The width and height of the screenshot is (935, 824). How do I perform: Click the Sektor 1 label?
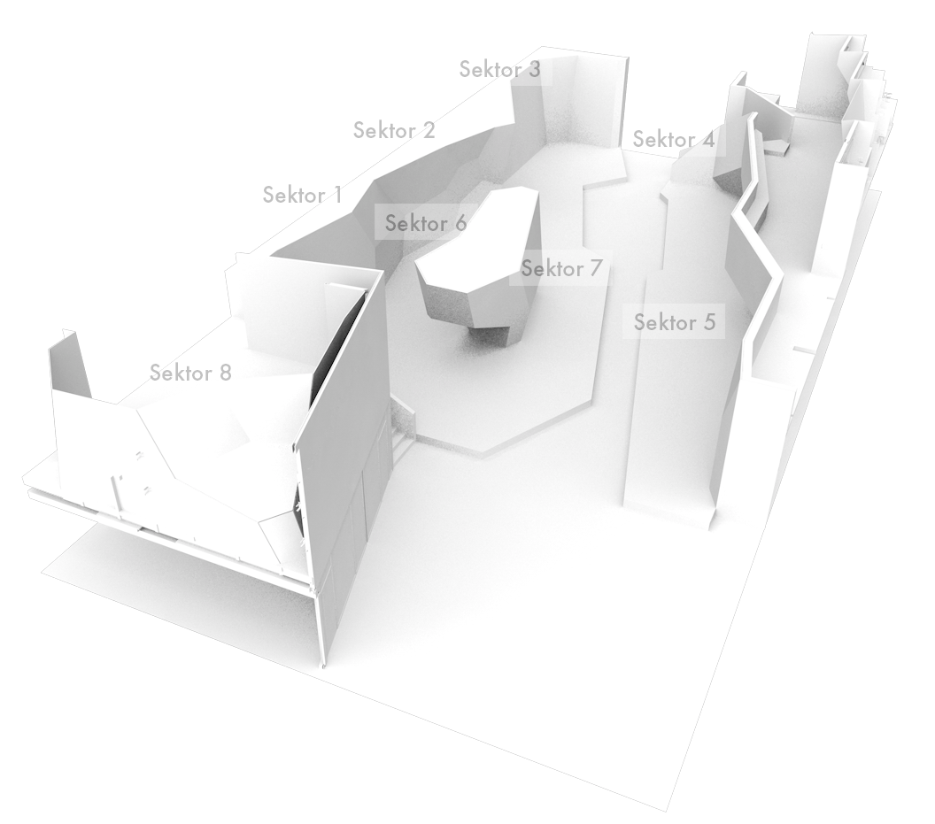(x=302, y=195)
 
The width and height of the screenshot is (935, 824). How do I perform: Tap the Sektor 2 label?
(x=394, y=130)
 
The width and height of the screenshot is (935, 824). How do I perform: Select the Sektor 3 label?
(x=499, y=69)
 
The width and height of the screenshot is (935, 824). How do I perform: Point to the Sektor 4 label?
(x=673, y=140)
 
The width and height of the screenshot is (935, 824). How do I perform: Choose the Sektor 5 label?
(x=674, y=322)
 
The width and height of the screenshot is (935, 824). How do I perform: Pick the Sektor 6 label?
(x=426, y=223)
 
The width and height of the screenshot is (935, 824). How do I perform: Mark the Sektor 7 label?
(x=561, y=268)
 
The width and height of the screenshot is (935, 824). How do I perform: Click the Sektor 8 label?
(x=190, y=373)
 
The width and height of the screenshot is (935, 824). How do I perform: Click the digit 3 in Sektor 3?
(x=534, y=69)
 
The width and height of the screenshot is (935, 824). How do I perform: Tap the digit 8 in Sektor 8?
(x=224, y=373)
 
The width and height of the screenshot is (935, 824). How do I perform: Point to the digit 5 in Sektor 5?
(x=707, y=322)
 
